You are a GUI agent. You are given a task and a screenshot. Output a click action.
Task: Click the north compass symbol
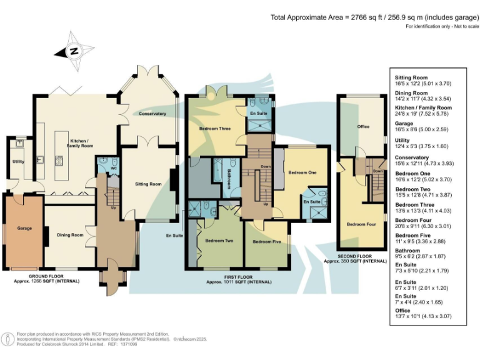point(74,52)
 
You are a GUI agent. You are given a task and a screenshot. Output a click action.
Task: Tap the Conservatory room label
point(152,114)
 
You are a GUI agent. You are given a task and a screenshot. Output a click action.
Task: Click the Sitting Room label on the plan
point(149,184)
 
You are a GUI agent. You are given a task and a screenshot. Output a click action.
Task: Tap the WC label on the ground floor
point(113,168)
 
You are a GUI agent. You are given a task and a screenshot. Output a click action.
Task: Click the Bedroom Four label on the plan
point(360,224)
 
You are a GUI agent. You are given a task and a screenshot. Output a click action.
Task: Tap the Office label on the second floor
point(363,127)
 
